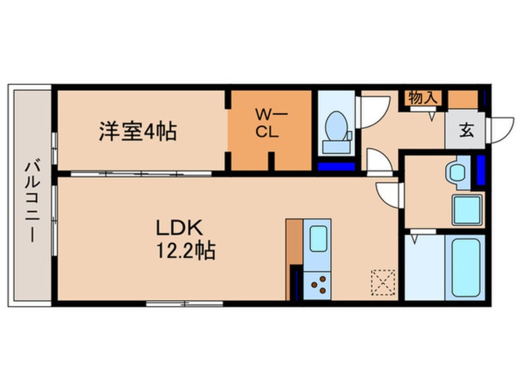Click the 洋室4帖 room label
coord(138,131)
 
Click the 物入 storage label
coord(423,97)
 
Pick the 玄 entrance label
coord(465,130)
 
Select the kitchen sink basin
coord(318,238)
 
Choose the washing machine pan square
coord(467,209)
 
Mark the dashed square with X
coord(383,283)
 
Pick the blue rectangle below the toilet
coord(336,165)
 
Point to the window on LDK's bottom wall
coord(184,303)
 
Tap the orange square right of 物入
coord(462,98)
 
